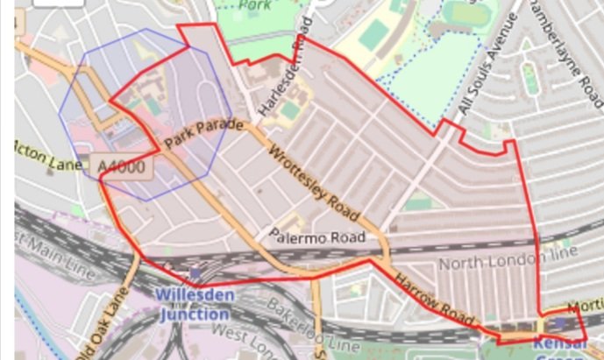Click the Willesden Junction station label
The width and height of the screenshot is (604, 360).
195,301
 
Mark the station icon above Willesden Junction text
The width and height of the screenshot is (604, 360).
195,275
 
